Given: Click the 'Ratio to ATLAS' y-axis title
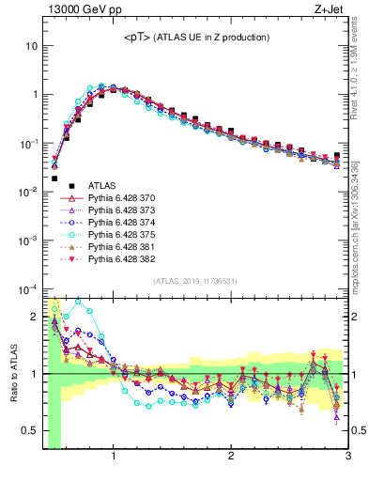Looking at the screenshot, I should coord(12,374).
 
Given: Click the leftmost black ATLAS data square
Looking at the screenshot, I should coord(54,178).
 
